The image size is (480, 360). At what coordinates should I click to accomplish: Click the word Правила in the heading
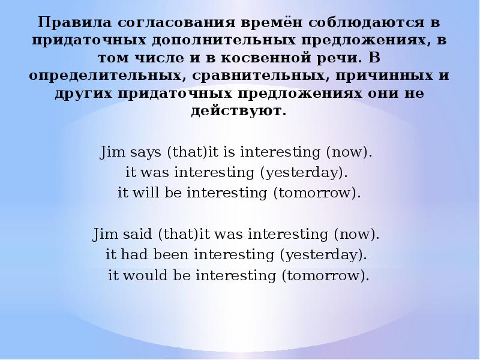(x=67, y=23)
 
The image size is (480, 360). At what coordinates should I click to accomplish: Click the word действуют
(x=240, y=112)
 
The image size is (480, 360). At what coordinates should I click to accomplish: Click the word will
(x=143, y=194)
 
